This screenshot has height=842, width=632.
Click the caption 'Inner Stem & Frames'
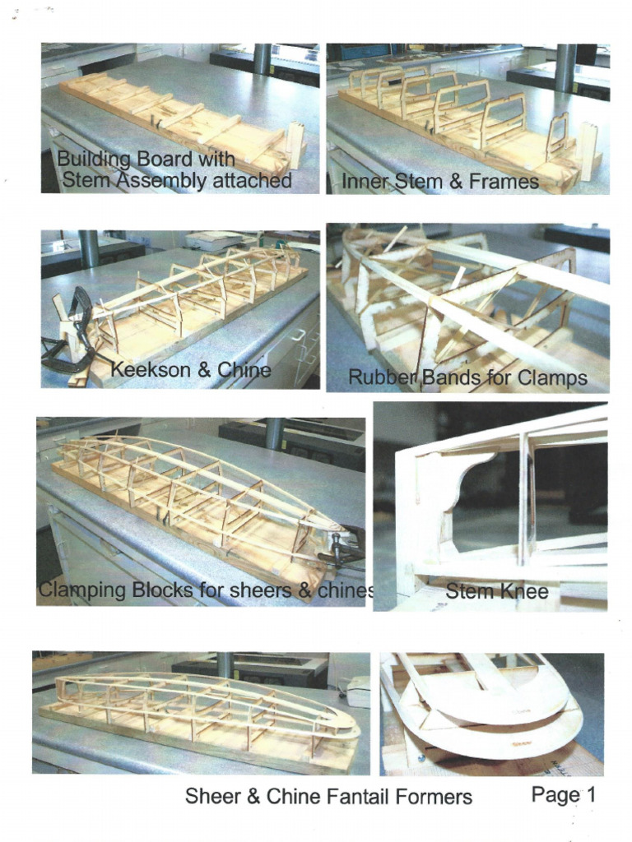coord(440,181)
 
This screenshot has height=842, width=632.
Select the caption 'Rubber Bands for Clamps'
coord(467,377)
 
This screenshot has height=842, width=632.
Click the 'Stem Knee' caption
coord(496,590)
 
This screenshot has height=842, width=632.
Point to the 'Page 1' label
coord(563,794)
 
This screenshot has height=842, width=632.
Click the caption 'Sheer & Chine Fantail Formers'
coord(328,796)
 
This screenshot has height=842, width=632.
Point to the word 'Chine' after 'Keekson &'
coord(244,370)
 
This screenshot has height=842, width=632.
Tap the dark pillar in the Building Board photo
coord(263,59)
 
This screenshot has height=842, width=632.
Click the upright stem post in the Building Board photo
coord(295,144)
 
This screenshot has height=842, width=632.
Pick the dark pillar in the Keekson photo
coord(88,248)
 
